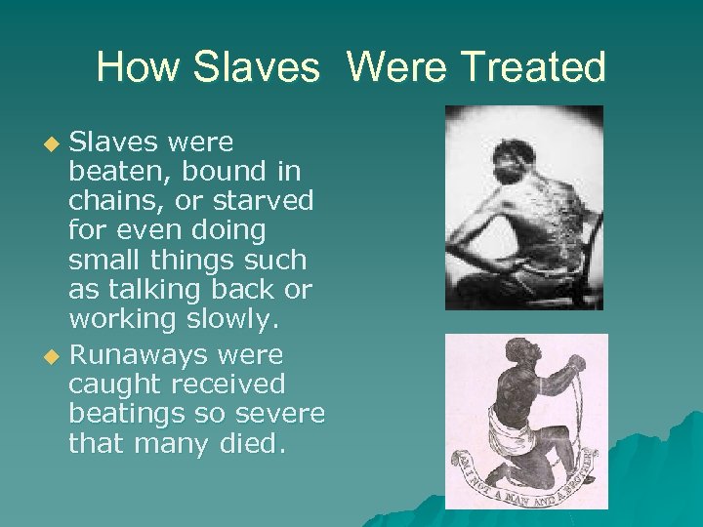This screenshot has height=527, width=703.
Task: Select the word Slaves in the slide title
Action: click(x=256, y=67)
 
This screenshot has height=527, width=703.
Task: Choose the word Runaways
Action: click(x=142, y=353)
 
